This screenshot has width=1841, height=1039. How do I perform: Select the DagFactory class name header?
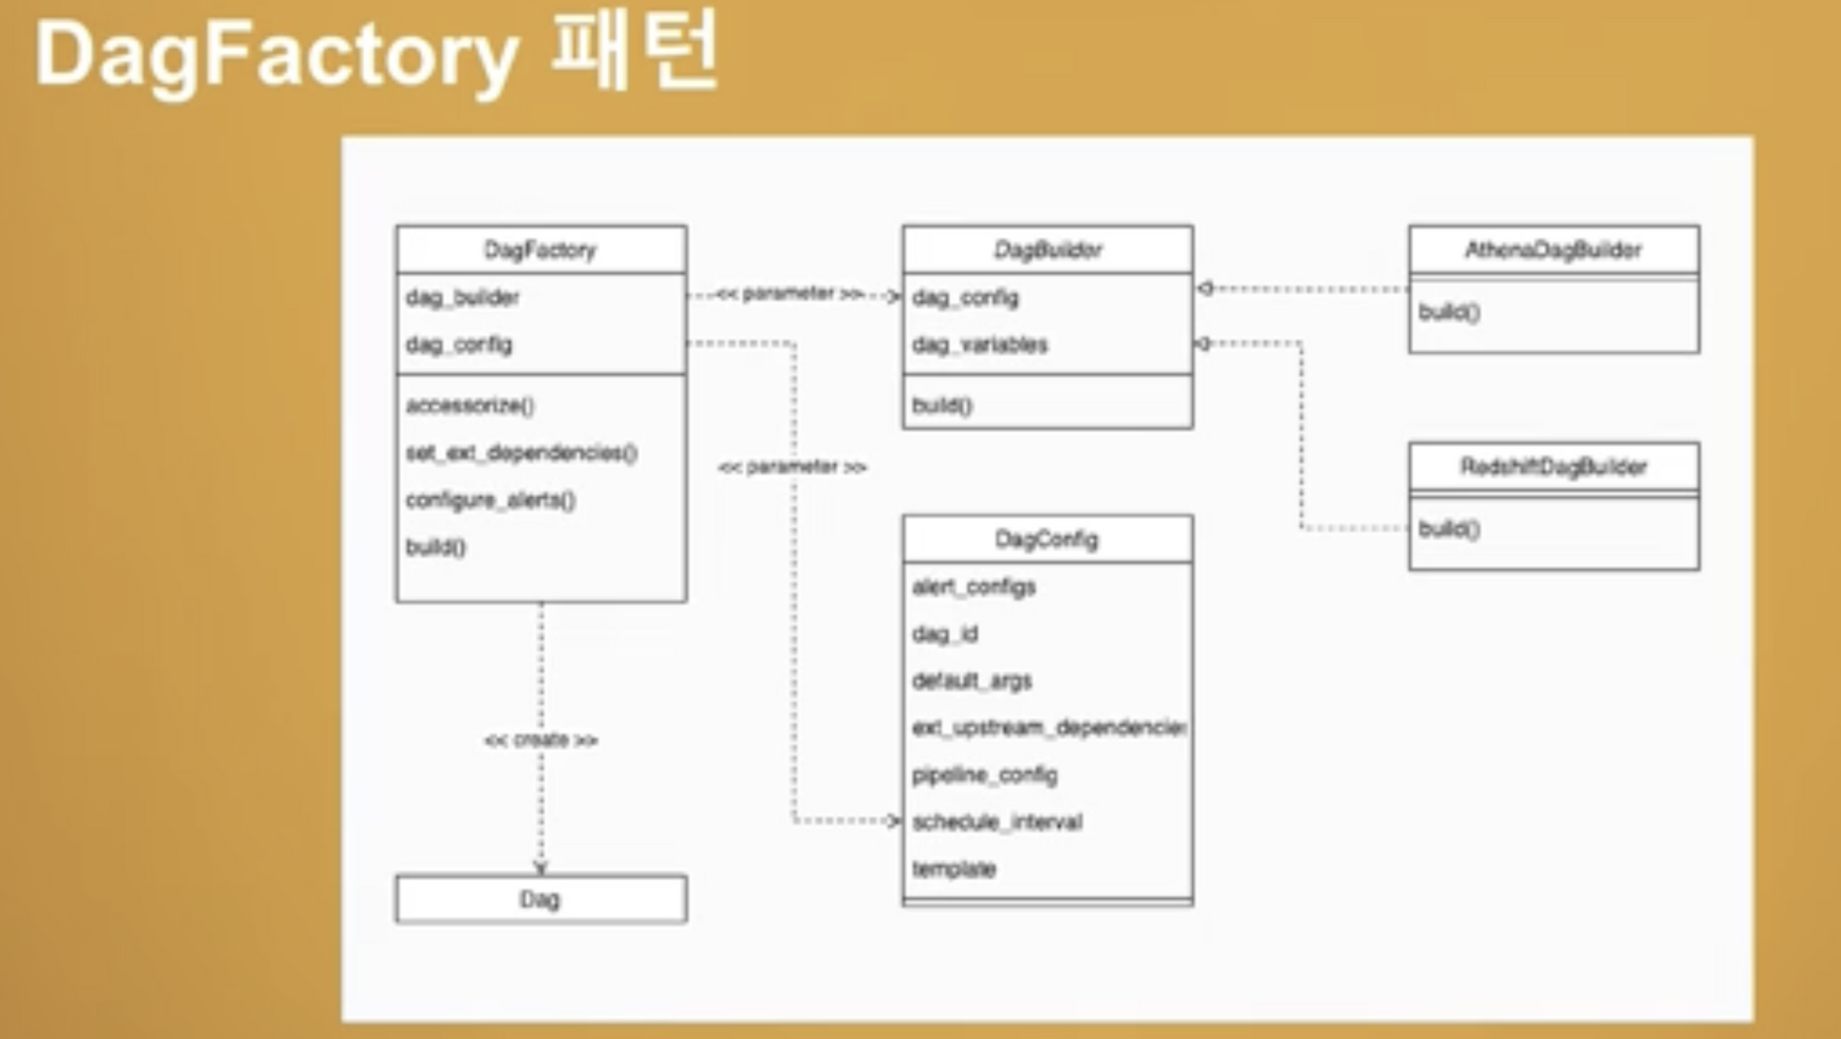point(541,250)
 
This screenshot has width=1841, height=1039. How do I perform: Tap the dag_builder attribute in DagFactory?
point(463,297)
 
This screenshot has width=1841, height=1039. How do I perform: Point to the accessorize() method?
point(471,405)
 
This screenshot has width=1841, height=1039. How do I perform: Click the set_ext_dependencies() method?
point(522,453)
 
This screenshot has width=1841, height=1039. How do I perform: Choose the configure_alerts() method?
point(491,500)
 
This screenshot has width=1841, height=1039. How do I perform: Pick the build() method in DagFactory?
point(436,547)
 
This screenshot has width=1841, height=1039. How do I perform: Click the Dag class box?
point(541,899)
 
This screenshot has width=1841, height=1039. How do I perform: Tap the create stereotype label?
point(541,740)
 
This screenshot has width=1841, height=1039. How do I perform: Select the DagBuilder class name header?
point(1048,250)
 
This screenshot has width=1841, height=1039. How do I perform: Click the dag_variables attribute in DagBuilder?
point(980,344)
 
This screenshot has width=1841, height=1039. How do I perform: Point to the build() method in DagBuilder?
point(942,405)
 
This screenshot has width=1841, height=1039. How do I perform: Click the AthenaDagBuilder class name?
point(1554,250)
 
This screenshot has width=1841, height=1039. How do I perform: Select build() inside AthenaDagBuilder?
point(1449,312)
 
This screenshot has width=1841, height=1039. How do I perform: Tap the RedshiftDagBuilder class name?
point(1554,467)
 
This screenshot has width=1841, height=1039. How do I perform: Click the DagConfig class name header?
point(1047,539)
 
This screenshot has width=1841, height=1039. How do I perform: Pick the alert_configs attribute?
point(974,587)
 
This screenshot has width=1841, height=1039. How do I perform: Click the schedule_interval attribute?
point(997,822)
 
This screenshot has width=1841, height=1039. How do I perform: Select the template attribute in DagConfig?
point(954,869)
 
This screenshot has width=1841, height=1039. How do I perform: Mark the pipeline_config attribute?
point(985,775)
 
